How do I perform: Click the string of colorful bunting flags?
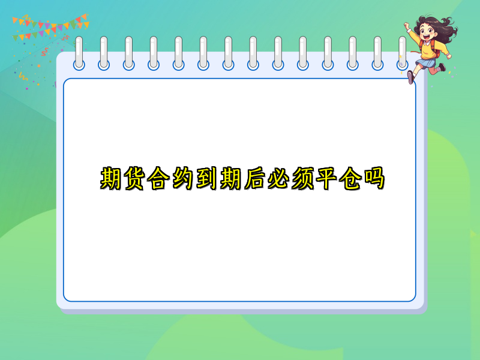point(51,25)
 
